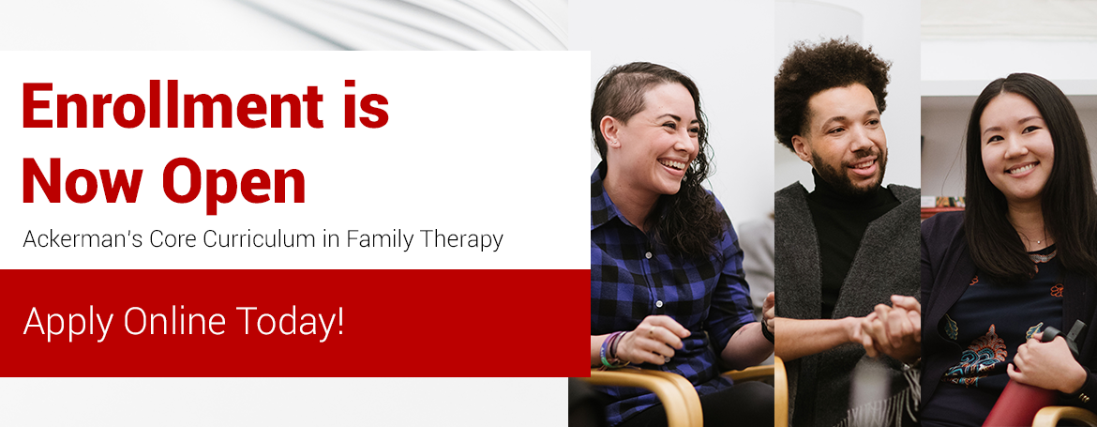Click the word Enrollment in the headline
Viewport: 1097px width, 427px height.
point(173,105)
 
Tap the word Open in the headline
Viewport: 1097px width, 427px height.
point(233,183)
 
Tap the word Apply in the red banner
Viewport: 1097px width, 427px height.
point(68,322)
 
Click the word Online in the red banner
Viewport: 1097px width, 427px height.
point(174,321)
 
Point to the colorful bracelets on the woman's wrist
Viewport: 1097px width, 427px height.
point(610,350)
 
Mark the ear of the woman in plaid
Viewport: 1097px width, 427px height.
point(611,134)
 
